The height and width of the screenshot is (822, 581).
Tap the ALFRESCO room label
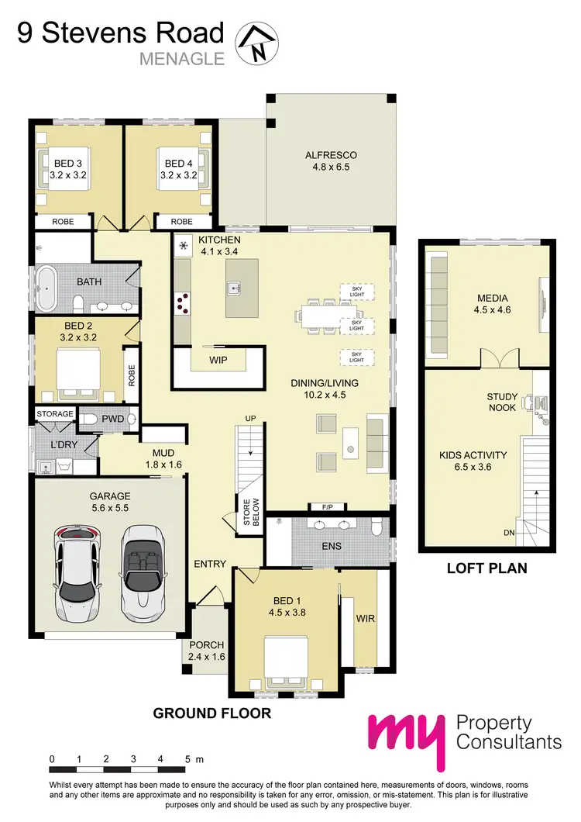(x=331, y=155)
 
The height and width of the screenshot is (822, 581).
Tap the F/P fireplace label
(x=328, y=507)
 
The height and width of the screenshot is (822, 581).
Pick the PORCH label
(x=206, y=651)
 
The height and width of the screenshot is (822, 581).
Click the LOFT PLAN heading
(x=486, y=568)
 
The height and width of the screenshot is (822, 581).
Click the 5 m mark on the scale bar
(x=187, y=759)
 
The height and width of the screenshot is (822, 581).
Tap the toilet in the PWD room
(x=91, y=420)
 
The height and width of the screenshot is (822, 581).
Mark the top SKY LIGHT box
(x=356, y=292)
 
